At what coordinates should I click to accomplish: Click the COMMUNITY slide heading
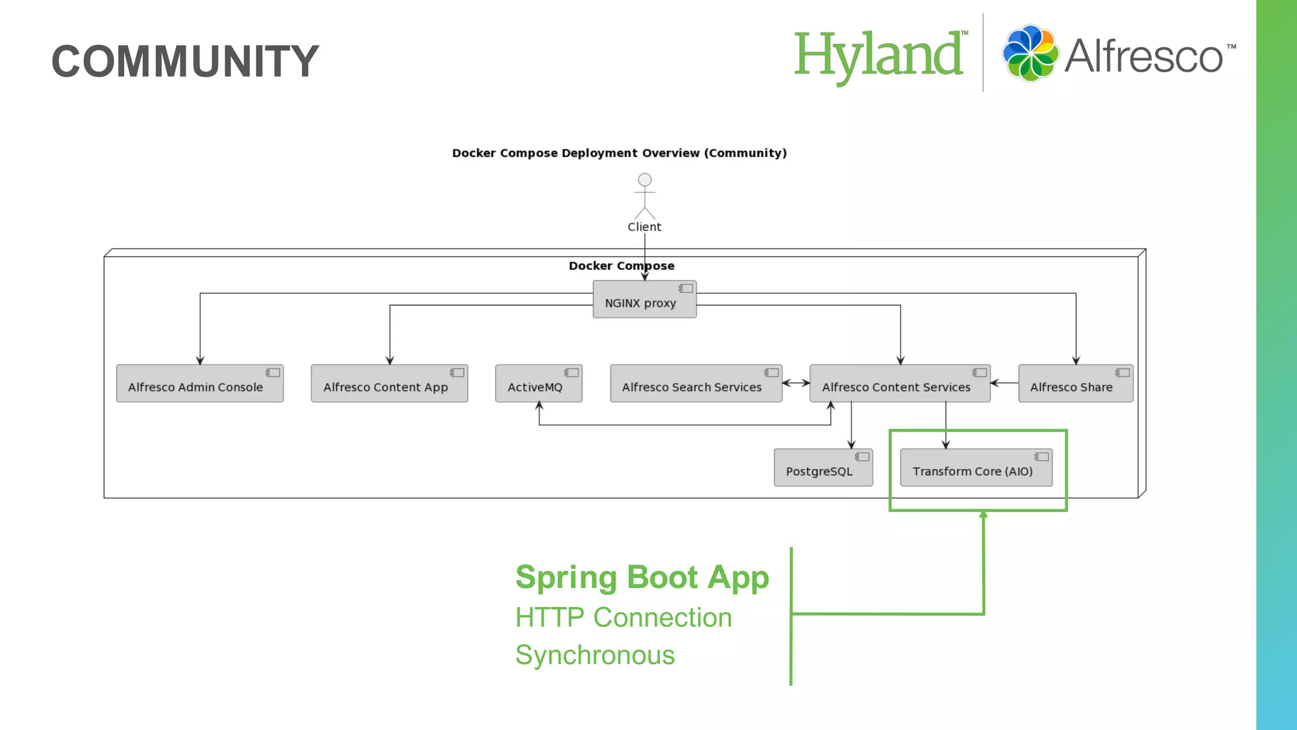click(185, 61)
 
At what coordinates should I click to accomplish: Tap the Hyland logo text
click(879, 56)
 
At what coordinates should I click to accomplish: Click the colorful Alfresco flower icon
click(1030, 53)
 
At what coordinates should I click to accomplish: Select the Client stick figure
click(645, 196)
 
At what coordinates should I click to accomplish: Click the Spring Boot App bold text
click(642, 577)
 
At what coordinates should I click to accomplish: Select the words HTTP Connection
click(623, 617)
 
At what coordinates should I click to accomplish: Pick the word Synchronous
click(595, 655)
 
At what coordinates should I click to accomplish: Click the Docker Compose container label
click(621, 266)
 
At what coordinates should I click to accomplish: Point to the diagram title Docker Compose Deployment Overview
click(619, 153)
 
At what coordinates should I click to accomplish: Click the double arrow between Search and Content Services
click(796, 383)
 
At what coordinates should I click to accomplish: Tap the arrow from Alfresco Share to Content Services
click(1004, 383)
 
